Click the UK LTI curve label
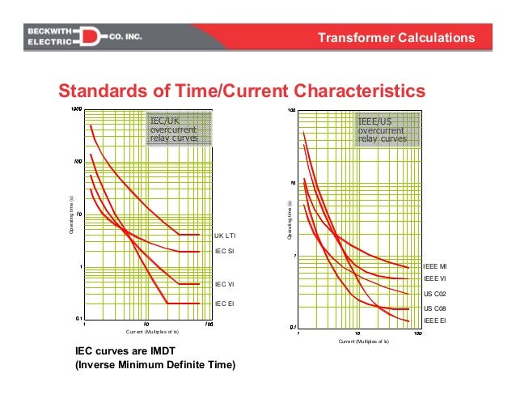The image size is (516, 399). click(225, 236)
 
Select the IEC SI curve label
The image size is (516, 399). click(224, 252)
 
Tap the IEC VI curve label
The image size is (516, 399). click(224, 285)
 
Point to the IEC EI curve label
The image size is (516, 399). click(224, 303)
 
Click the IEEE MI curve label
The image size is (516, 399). click(435, 266)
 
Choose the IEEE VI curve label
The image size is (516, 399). click(434, 278)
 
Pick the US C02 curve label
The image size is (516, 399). click(435, 295)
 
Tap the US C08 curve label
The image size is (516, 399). click(435, 309)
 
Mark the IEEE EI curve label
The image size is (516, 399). click(434, 321)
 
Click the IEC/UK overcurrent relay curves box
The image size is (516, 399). click(179, 129)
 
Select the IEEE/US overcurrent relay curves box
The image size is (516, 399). click(383, 130)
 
